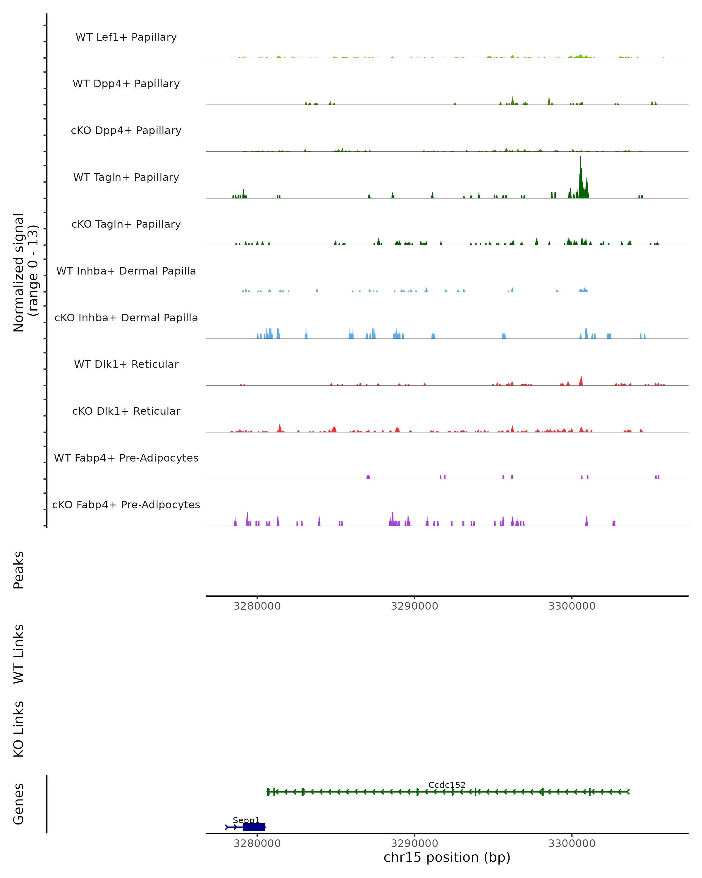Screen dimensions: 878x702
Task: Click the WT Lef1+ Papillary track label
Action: pos(126,37)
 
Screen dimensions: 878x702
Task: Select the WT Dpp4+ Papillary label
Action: pos(126,84)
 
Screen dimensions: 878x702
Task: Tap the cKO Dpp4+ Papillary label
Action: pos(126,131)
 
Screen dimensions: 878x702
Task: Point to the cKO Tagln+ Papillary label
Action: pos(126,224)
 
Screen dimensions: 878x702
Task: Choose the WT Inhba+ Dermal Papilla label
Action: pos(126,271)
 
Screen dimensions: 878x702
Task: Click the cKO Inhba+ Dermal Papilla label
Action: pos(126,318)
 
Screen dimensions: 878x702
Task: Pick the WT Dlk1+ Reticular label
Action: pos(126,364)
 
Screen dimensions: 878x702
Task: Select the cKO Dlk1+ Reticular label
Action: pos(126,411)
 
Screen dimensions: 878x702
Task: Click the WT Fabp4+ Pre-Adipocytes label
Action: pos(126,458)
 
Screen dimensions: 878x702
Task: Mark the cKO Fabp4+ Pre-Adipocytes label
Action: pos(126,505)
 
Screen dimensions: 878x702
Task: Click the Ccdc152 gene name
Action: pos(446,785)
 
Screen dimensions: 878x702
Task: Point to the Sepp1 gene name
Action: pos(246,820)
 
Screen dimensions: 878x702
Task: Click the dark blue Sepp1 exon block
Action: pos(254,827)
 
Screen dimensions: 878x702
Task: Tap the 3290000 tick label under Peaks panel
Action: pos(414,606)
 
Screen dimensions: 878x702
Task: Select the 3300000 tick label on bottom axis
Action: pos(572,843)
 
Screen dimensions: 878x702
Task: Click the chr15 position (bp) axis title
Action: pos(446,858)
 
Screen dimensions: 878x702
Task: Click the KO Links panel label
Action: pos(19,729)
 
